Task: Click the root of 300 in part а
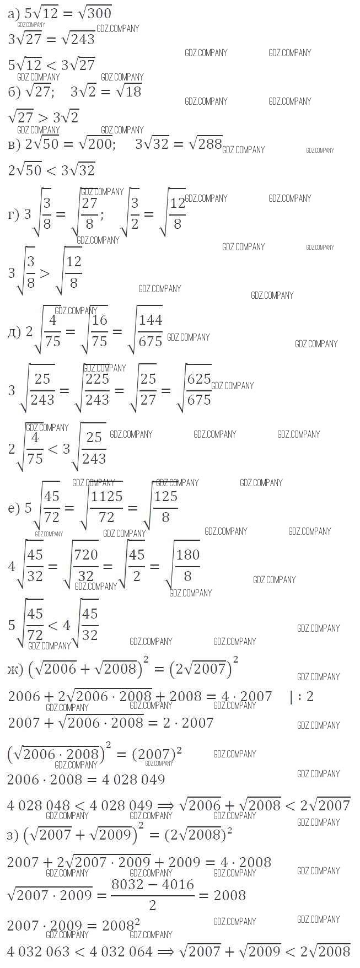tap(95, 13)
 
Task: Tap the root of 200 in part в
tap(95, 144)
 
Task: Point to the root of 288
tap(205, 144)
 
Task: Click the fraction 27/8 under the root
tap(89, 213)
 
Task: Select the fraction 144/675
tap(151, 330)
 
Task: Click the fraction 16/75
tap(100, 330)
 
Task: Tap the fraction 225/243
tap(98, 389)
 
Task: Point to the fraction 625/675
tap(199, 389)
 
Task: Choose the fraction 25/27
tap(148, 389)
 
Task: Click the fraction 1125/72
tap(106, 507)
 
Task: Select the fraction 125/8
tap(165, 507)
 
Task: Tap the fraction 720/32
tap(86, 565)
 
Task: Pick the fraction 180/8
tap(187, 565)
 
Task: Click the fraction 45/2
tap(137, 565)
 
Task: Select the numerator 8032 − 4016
tap(153, 885)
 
